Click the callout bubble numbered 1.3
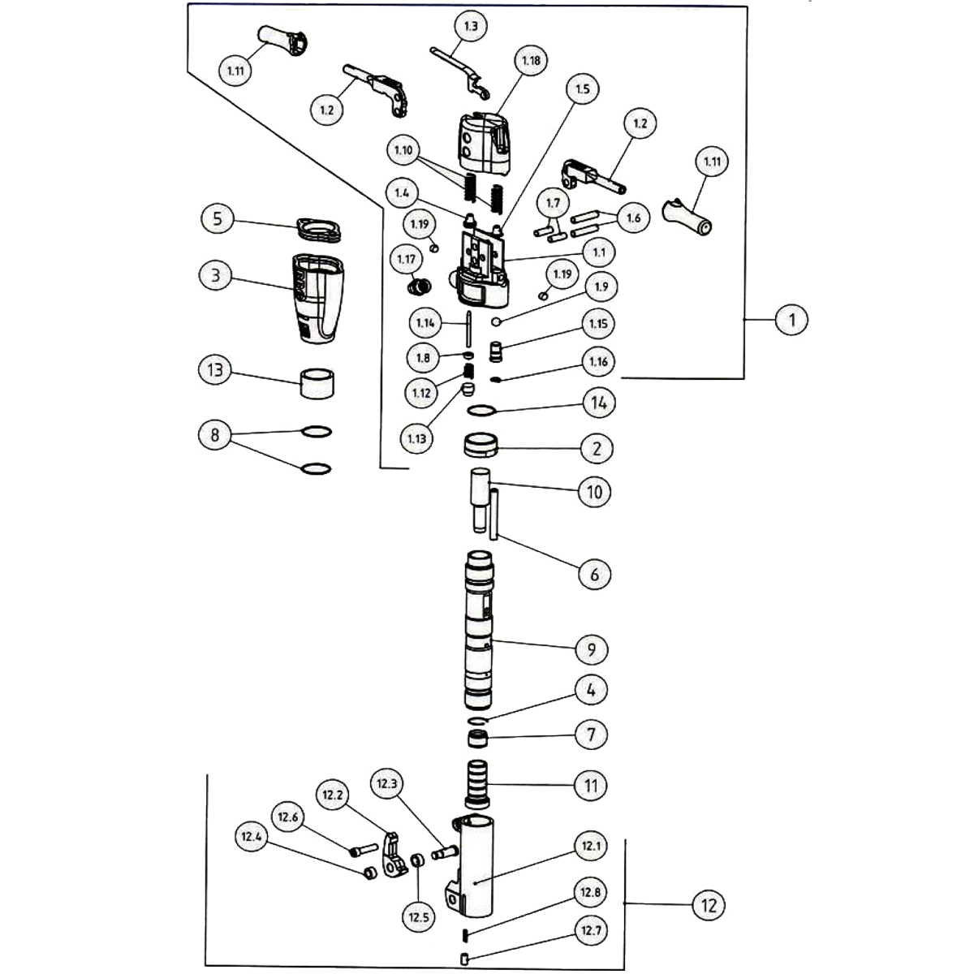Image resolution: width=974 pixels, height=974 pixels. click(471, 26)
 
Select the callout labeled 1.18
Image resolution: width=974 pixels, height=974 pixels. click(532, 61)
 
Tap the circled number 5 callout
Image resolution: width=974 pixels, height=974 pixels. click(218, 219)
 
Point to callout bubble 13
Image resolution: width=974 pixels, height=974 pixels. click(215, 370)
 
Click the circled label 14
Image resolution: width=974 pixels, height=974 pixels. click(597, 402)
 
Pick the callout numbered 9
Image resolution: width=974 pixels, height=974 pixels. click(592, 649)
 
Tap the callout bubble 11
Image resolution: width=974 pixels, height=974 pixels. click(591, 786)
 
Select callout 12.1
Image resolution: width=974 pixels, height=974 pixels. click(591, 847)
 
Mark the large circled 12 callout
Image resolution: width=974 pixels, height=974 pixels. click(709, 905)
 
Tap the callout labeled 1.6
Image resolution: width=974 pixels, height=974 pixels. click(633, 218)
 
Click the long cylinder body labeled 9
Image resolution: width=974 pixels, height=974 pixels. click(479, 629)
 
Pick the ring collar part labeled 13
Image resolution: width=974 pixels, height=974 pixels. click(319, 383)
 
